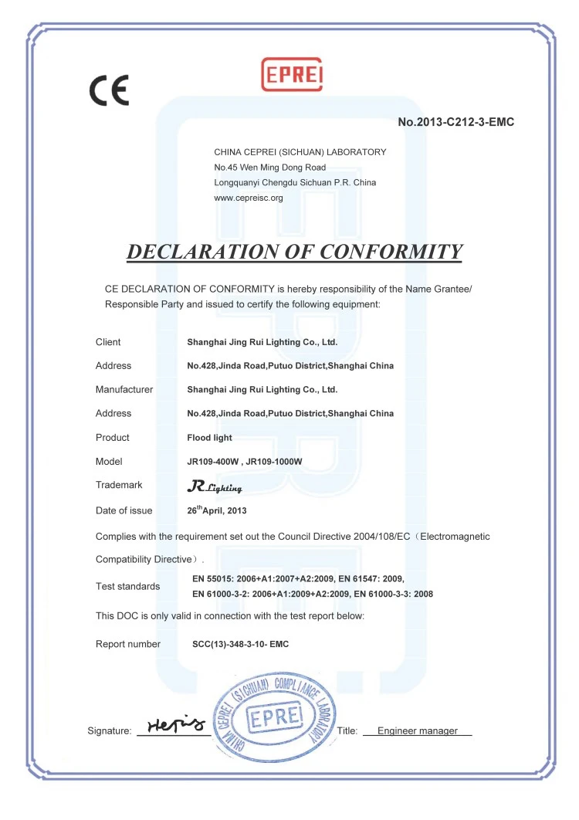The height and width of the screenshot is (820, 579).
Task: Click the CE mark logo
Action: coord(109,90)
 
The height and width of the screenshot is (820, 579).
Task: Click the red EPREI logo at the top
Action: coord(292,75)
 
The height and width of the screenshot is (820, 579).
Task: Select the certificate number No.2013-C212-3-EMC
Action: coord(455,122)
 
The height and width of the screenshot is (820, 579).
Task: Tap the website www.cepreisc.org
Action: coord(249,198)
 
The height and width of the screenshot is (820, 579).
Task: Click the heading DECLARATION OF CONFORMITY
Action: coord(294,252)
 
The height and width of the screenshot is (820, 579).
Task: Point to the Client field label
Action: coord(108,342)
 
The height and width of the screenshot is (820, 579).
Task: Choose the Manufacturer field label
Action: coord(124,390)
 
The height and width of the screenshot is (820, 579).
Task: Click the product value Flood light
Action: coord(210,438)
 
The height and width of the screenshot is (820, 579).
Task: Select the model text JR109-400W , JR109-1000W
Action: coord(244,462)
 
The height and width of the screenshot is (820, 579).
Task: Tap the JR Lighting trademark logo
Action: coord(215,486)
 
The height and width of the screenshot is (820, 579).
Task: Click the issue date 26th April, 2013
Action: coord(217,510)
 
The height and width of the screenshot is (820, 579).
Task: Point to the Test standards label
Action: coord(128,586)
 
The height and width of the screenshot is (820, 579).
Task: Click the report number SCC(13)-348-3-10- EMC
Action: coord(240,644)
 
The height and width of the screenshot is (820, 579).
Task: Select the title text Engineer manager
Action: coord(417,730)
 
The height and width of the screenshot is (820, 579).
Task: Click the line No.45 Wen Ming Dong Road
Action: coord(269,167)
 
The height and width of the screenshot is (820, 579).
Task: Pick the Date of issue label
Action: coord(124,510)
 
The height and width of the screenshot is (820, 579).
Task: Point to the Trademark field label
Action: coord(119,485)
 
